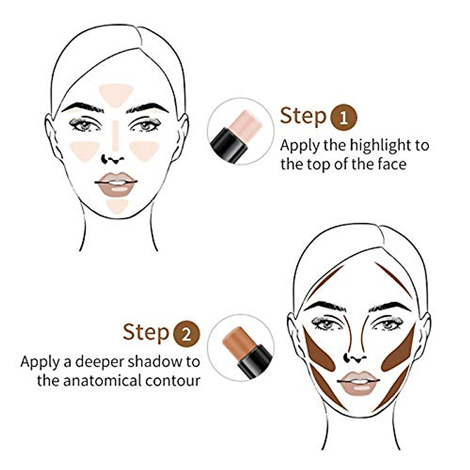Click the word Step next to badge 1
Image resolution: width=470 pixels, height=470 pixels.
[303, 116]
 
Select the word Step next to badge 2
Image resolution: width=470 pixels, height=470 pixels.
[146, 333]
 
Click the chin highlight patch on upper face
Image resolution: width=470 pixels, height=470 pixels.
[117, 205]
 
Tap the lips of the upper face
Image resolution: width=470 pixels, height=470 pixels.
[116, 183]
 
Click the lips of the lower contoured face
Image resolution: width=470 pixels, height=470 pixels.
[358, 382]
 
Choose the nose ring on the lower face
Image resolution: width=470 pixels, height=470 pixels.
[347, 357]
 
